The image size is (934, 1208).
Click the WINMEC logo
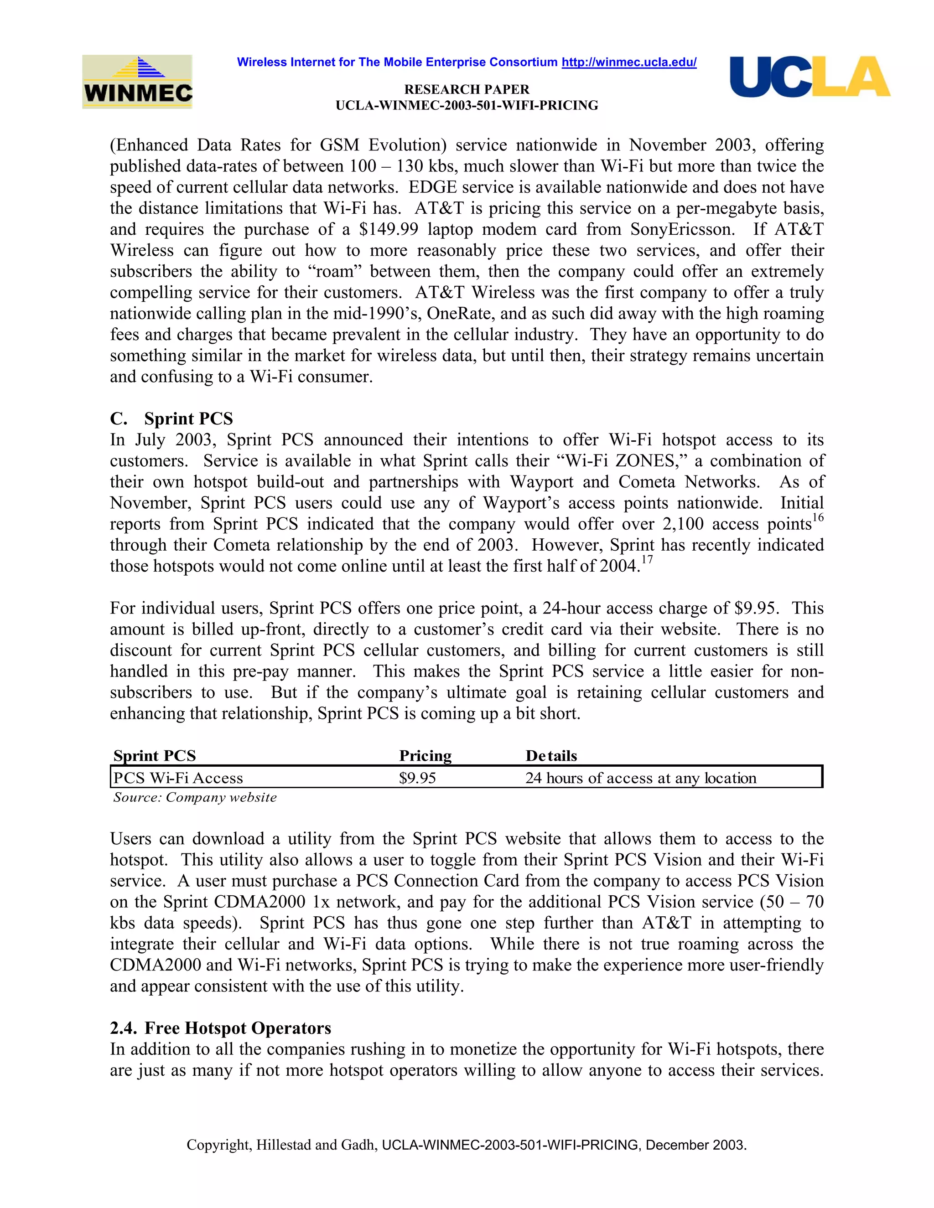click(x=137, y=82)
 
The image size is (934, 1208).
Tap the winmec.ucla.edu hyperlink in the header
click(x=628, y=62)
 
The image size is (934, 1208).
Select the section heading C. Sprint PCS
click(x=171, y=419)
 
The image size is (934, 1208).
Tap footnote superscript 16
click(x=818, y=518)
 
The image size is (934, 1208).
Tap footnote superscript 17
click(x=647, y=560)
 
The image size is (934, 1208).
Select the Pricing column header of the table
click(x=425, y=755)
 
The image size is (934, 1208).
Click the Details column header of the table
click(x=551, y=755)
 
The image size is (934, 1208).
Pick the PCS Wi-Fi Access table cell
click(x=178, y=778)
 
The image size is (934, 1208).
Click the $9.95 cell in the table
click(x=417, y=778)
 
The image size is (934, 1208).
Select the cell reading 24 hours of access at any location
click(x=640, y=778)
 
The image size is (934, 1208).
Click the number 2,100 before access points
click(x=682, y=524)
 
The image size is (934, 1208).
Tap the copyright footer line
click(x=467, y=1145)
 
